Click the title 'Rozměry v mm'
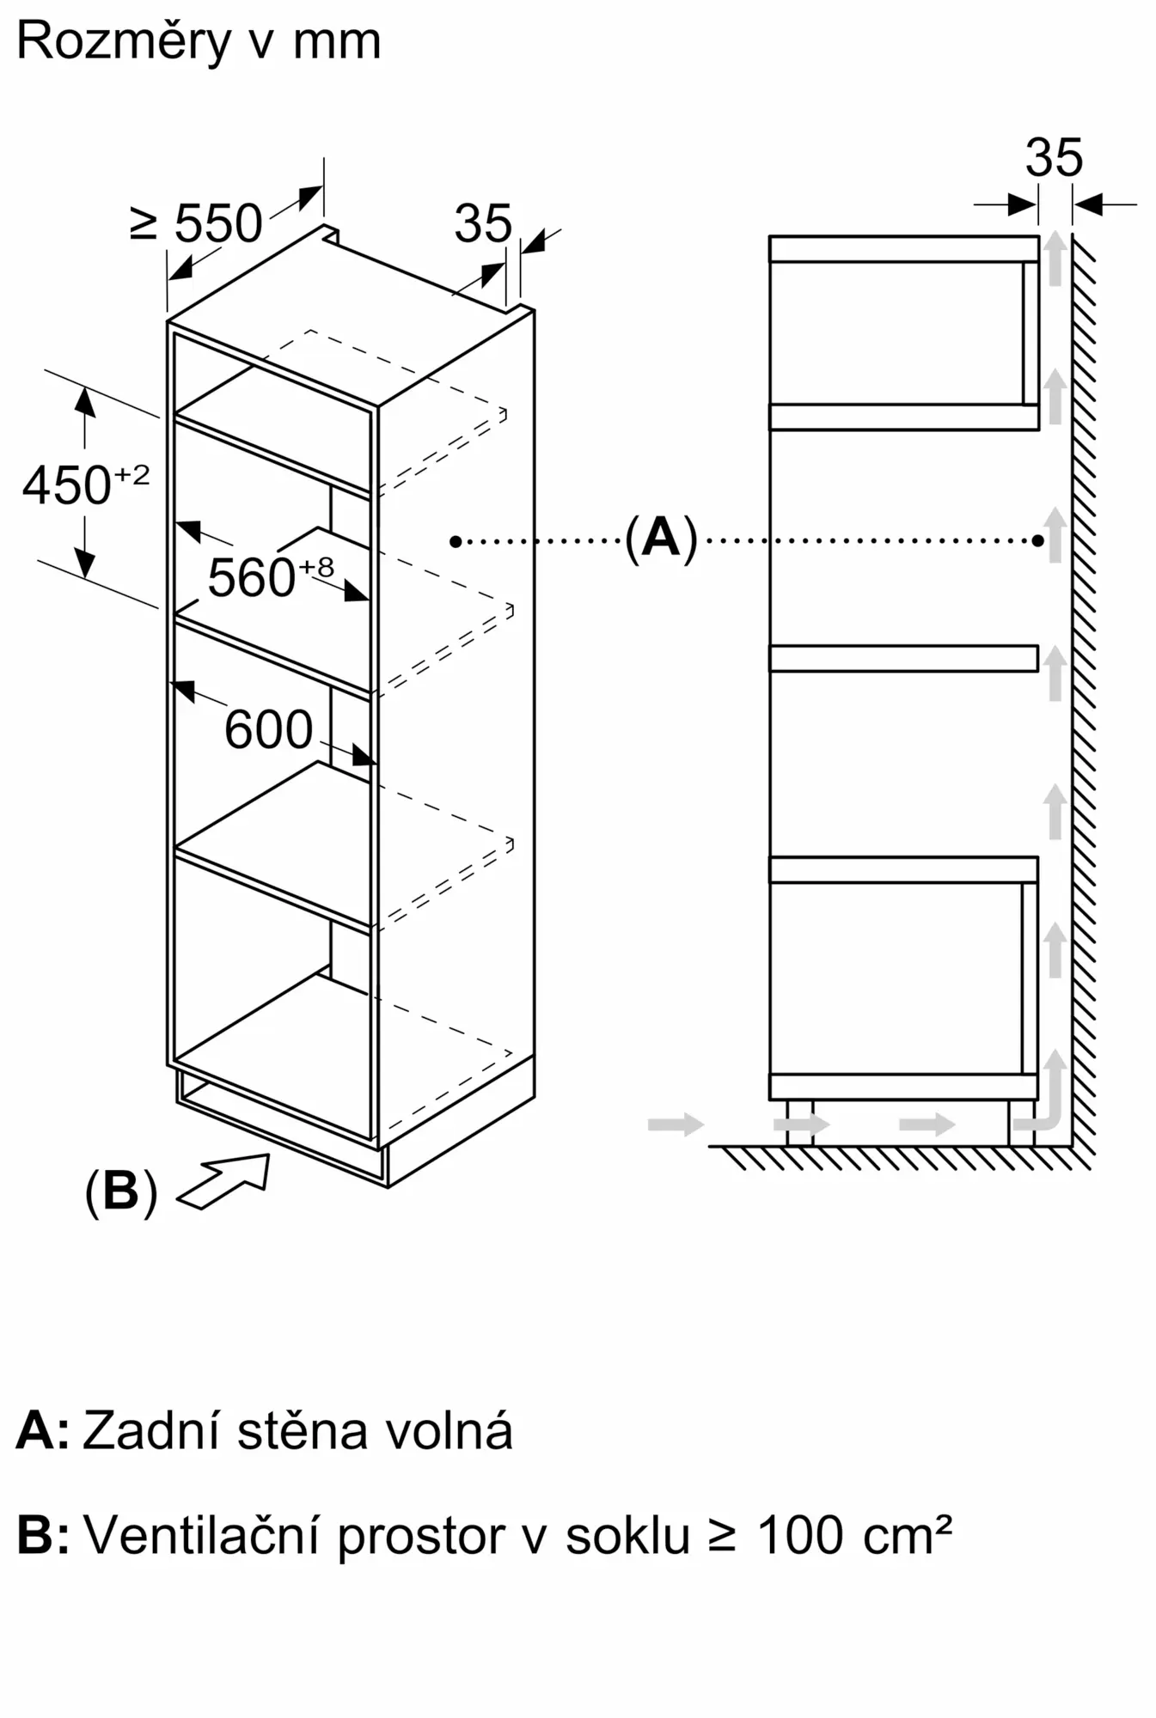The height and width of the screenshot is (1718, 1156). coord(199,41)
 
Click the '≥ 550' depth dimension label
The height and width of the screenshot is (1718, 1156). coord(197,224)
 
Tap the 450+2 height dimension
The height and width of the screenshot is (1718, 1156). coord(85,484)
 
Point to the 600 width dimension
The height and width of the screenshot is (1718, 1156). coord(268,730)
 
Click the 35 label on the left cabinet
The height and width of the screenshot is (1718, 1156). coord(482,224)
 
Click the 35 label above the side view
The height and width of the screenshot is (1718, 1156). coord(1054,158)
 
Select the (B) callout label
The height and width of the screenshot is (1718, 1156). coord(120,1191)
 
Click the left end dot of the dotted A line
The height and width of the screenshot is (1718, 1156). coord(456,541)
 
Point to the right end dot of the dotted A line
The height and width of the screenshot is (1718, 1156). coord(1038,541)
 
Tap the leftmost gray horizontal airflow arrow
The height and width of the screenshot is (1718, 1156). coord(676,1124)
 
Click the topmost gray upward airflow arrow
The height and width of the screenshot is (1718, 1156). coord(1055,258)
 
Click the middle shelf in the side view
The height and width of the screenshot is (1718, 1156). coord(903,658)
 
